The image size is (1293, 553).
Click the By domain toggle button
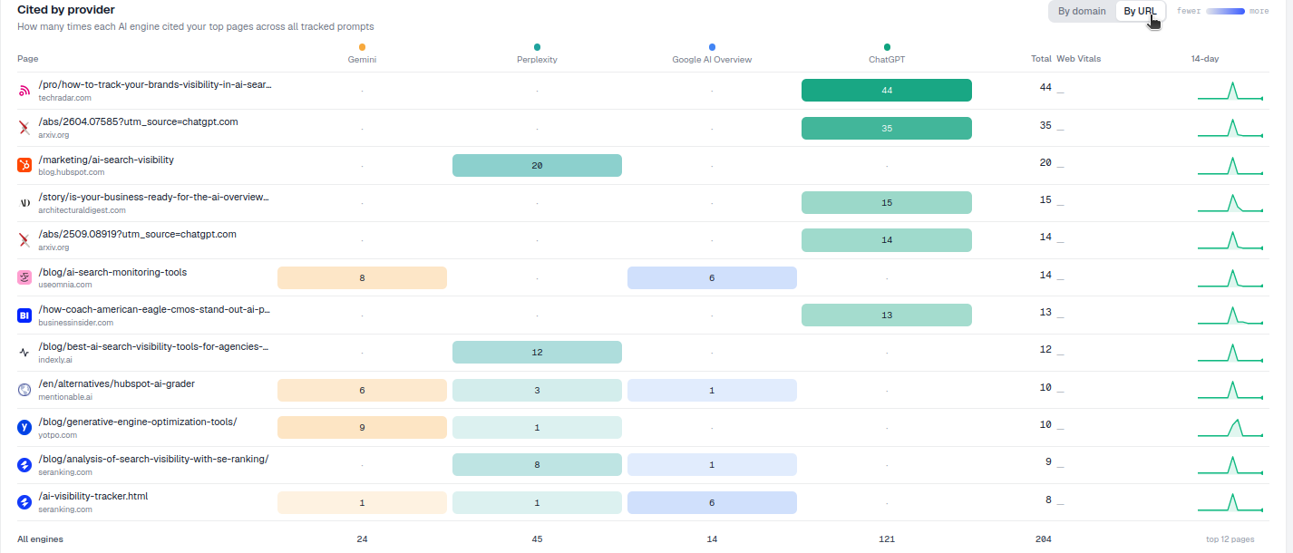[1082, 11]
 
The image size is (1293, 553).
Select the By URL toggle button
[1140, 11]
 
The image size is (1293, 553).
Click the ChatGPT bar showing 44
[886, 90]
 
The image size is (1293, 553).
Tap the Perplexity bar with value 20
[537, 165]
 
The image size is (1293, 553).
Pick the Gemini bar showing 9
[362, 427]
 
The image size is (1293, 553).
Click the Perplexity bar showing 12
[537, 352]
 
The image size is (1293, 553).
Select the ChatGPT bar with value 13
[886, 315]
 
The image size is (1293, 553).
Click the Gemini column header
[362, 60]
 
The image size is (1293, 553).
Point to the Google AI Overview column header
[712, 60]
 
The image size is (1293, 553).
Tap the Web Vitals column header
[1078, 58]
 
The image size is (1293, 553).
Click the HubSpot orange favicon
[24, 165]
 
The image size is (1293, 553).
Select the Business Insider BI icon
[24, 315]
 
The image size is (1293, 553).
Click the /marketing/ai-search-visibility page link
[106, 160]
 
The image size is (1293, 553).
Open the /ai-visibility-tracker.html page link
[92, 496]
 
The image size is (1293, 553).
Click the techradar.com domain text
[64, 98]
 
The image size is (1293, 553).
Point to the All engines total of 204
[1043, 538]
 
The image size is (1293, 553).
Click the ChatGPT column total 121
[887, 538]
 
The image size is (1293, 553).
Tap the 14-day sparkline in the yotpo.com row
[1230, 427]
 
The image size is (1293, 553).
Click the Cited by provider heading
[66, 9]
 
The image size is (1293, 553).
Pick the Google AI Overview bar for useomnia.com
[712, 277]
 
